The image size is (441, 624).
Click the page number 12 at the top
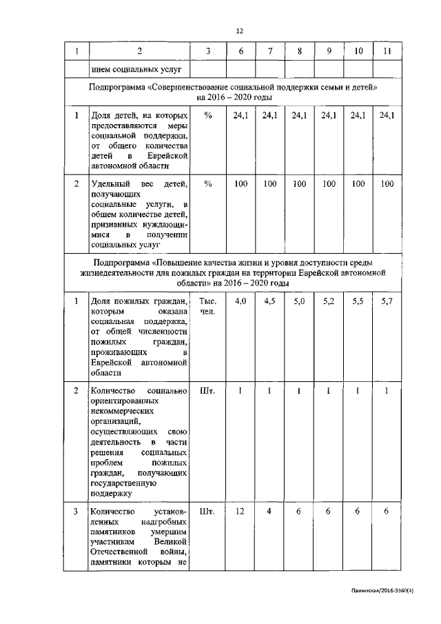[240, 30]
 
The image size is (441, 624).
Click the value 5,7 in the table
[387, 301]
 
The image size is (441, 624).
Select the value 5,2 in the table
[329, 301]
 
